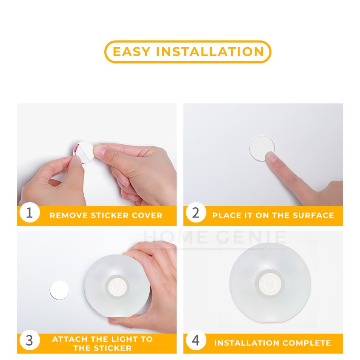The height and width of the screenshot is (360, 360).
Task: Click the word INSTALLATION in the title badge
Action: [x=210, y=51]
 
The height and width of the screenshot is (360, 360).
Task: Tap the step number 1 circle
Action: [x=29, y=213]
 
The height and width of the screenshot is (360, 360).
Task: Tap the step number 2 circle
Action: [x=196, y=213]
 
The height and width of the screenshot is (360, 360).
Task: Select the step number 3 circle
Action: [x=29, y=340]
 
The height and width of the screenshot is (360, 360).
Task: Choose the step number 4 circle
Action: [x=196, y=340]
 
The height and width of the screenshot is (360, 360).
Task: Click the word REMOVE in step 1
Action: [x=69, y=215]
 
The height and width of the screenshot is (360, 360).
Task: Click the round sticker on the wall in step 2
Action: [x=262, y=148]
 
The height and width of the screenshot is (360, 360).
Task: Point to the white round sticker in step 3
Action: [x=59, y=290]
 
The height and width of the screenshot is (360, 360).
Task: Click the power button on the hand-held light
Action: [x=117, y=287]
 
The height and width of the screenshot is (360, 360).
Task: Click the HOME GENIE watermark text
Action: [x=214, y=237]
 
